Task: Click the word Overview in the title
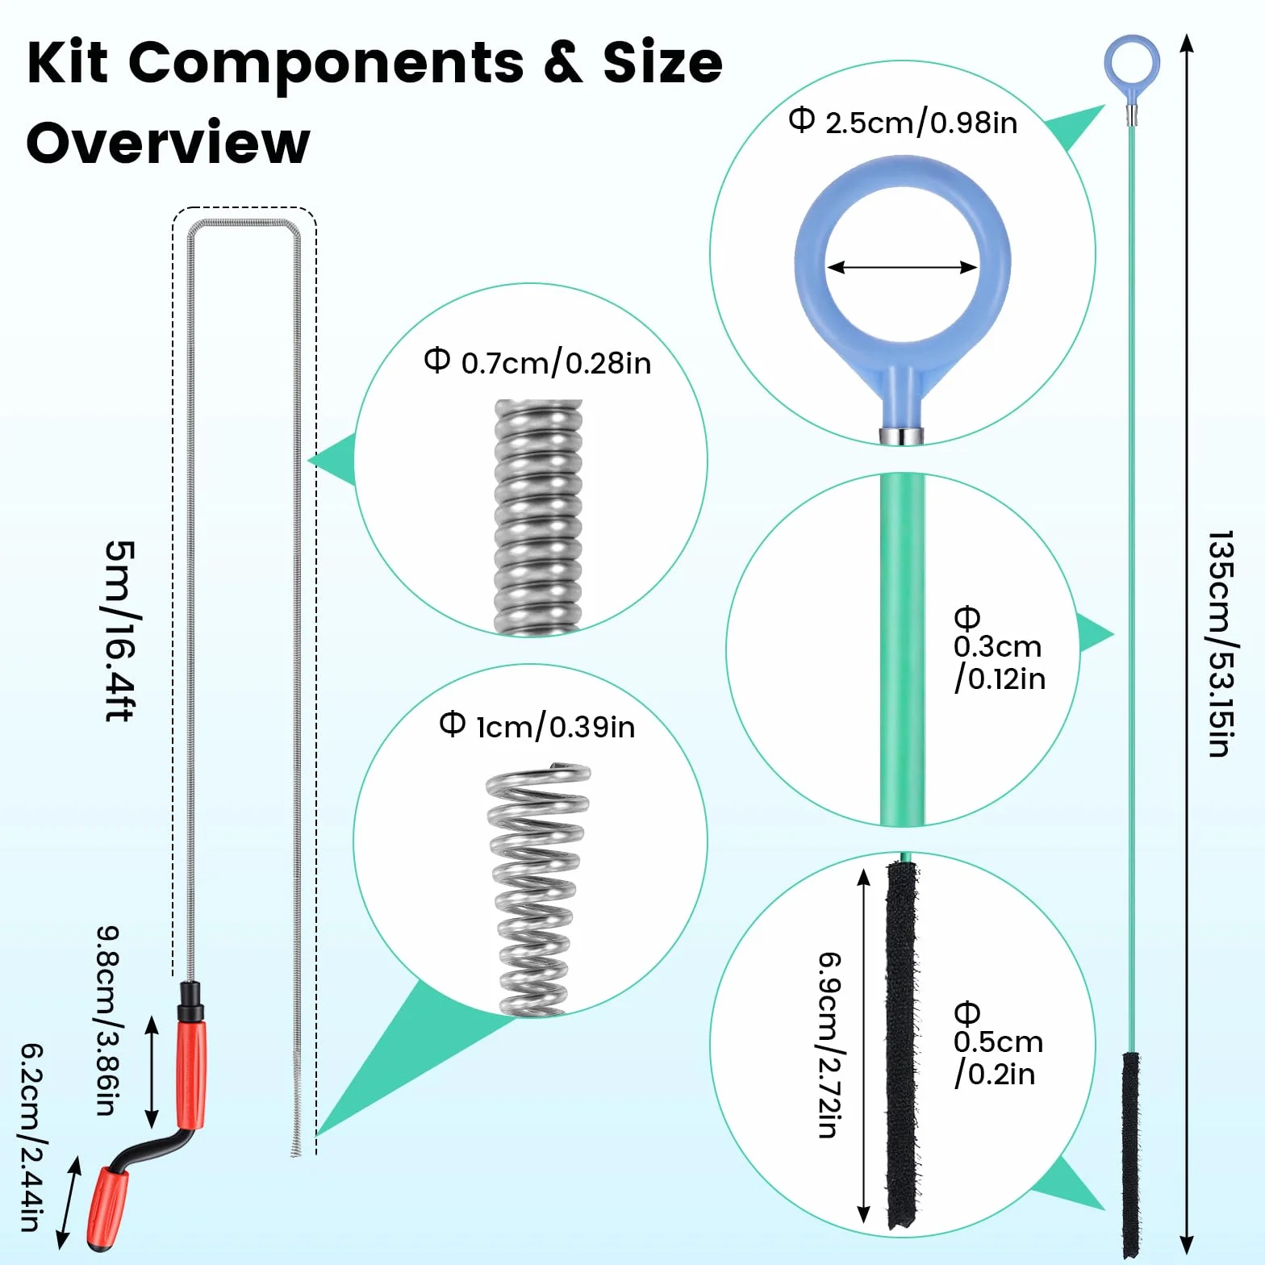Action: pyautogui.click(x=168, y=142)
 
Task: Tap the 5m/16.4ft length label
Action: pyautogui.click(x=120, y=631)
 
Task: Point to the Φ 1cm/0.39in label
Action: pyautogui.click(x=537, y=726)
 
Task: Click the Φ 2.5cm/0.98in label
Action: pyautogui.click(x=903, y=121)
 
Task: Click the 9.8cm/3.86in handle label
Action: pyautogui.click(x=108, y=1021)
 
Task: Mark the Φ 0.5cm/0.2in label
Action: pyautogui.click(x=998, y=1045)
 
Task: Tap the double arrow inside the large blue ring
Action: pyautogui.click(x=902, y=267)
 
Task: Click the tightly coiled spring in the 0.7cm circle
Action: pyautogui.click(x=537, y=517)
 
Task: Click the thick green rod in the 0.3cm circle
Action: pyautogui.click(x=902, y=649)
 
